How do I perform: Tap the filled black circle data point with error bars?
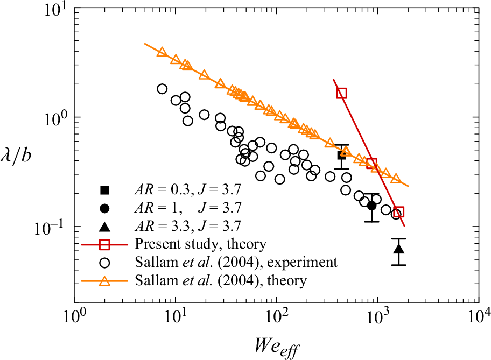371,205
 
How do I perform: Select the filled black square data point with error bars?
341,156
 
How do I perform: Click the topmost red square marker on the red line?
341,93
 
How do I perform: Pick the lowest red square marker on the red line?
398,211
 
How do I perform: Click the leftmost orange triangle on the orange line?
162,52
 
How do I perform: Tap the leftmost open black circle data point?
162,89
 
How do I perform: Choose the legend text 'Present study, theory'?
201,244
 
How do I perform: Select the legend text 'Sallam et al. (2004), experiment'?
236,263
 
